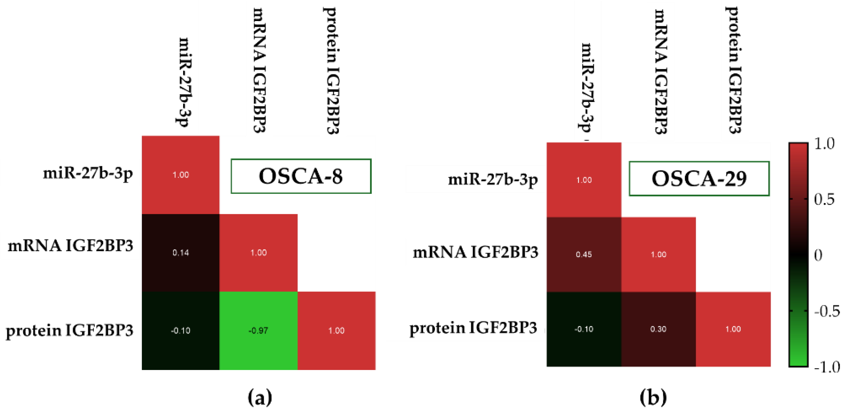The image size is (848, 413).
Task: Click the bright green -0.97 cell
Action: (x=259, y=330)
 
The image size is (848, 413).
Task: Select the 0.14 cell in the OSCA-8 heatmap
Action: (x=180, y=253)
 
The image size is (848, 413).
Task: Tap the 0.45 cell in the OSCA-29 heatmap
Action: (x=584, y=254)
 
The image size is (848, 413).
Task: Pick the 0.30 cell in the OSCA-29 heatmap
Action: (x=658, y=329)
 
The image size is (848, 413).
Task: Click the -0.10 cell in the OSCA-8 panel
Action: (x=180, y=330)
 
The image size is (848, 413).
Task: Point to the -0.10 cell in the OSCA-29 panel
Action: (x=584, y=329)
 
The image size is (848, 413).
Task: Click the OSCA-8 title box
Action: (x=301, y=176)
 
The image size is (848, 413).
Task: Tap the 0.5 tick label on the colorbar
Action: (x=824, y=199)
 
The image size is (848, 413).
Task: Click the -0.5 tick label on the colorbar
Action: (x=827, y=311)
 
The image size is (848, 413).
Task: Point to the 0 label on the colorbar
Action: (x=818, y=255)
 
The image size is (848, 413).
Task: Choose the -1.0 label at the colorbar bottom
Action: (x=827, y=367)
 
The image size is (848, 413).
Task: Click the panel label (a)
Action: (x=260, y=397)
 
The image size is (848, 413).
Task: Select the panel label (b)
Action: (x=653, y=397)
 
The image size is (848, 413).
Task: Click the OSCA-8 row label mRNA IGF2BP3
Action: (x=70, y=246)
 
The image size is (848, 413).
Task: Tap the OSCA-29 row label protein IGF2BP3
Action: (x=473, y=328)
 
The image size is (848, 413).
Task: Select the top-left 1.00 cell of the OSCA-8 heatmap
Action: (x=180, y=175)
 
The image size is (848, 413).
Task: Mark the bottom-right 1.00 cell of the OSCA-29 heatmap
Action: (x=733, y=329)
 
